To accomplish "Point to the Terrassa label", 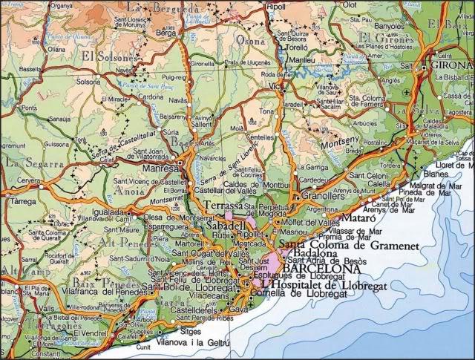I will (x=222, y=205).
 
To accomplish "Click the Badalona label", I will (x=315, y=253).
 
